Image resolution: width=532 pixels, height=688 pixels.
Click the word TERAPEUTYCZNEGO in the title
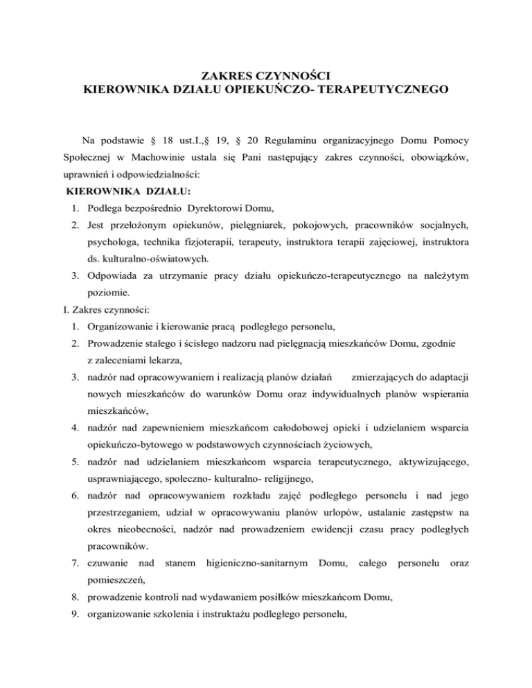click(x=375, y=89)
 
